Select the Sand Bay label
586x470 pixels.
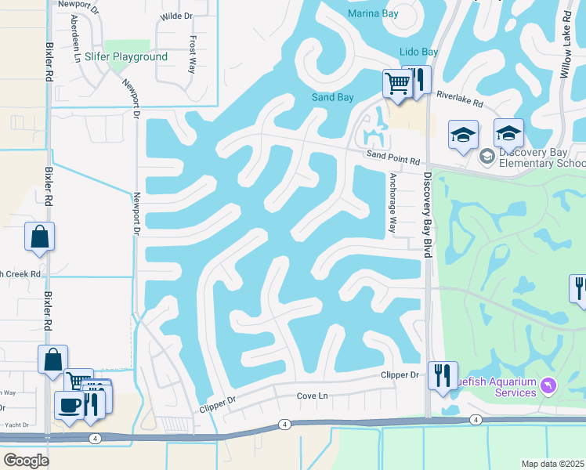point(333,97)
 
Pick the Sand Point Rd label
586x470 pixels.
point(393,158)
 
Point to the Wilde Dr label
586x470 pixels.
point(176,16)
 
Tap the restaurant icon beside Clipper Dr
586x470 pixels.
point(443,375)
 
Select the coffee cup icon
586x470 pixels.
point(70,405)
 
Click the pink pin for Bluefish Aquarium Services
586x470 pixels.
point(548,385)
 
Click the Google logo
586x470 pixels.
point(26,460)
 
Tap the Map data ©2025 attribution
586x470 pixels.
point(553,464)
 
